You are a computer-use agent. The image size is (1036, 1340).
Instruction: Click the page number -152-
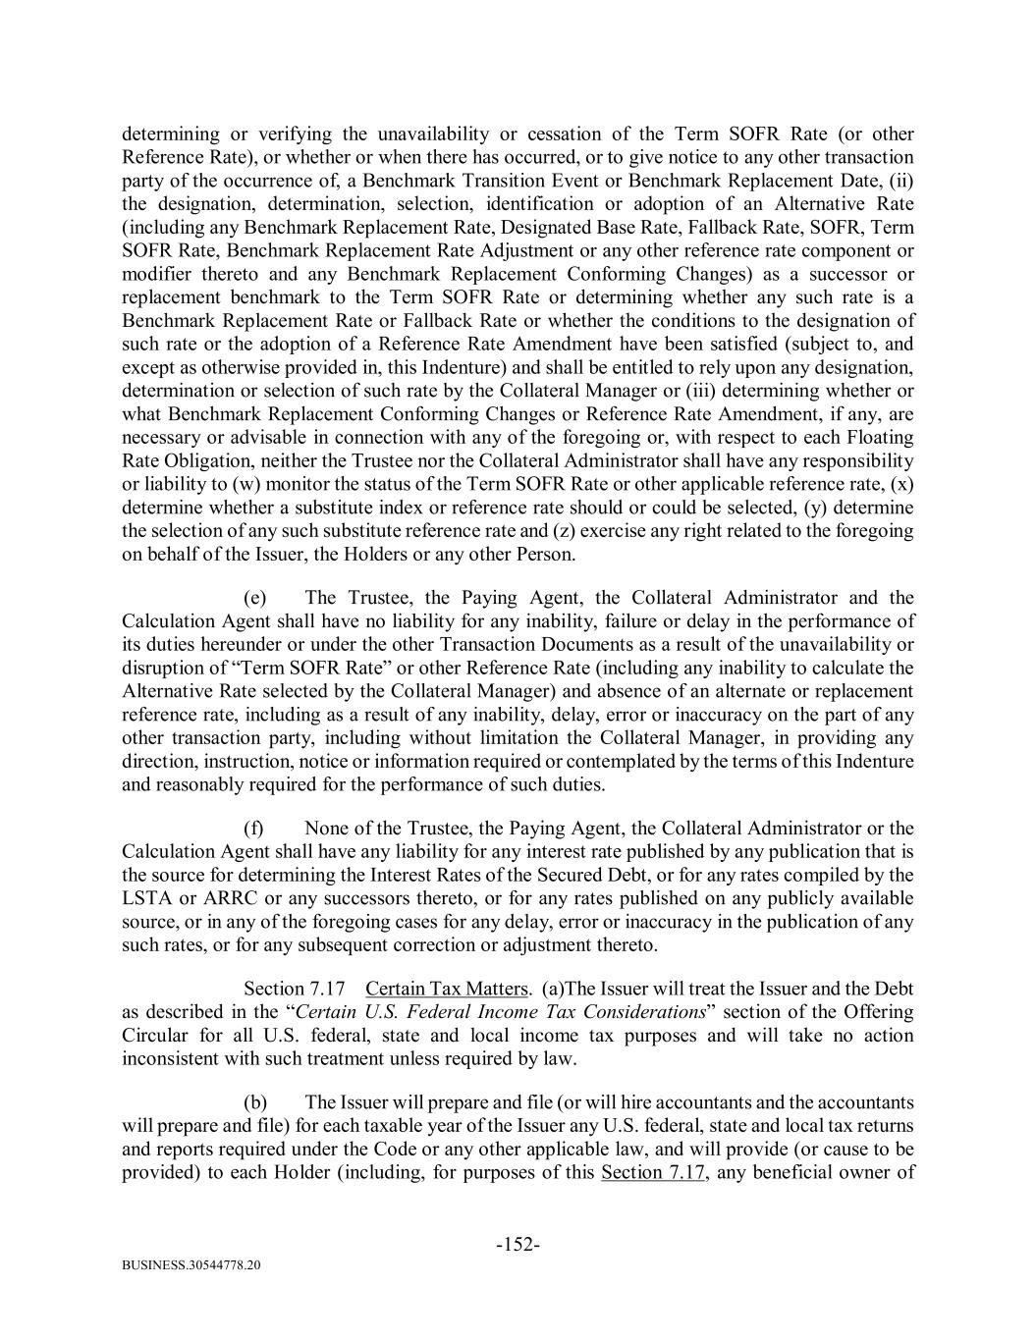pyautogui.click(x=518, y=1245)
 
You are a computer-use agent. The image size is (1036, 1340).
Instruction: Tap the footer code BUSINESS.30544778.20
pyautogui.click(x=191, y=1265)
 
